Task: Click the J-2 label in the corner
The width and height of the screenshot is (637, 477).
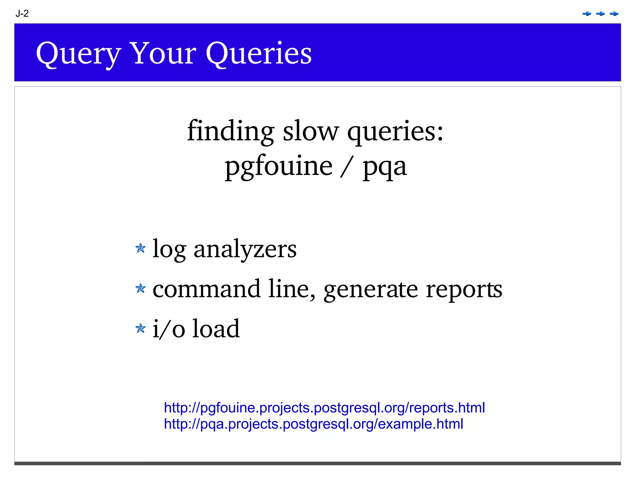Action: tap(22, 14)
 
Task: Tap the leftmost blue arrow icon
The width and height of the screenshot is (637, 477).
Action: tap(587, 14)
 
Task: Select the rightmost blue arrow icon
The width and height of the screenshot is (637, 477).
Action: tap(614, 14)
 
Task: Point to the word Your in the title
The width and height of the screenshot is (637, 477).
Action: tap(163, 53)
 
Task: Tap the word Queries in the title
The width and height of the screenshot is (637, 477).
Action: tap(258, 54)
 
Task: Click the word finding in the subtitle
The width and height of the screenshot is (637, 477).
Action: tap(230, 131)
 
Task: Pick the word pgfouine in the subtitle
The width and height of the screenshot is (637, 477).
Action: tap(278, 166)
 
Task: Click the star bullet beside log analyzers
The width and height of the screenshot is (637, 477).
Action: tap(141, 248)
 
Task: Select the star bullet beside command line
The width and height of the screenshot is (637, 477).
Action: tap(141, 288)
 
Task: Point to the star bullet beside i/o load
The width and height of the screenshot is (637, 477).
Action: tap(141, 328)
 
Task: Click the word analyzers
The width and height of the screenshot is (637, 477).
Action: tap(245, 249)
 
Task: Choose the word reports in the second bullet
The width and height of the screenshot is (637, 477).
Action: tap(463, 290)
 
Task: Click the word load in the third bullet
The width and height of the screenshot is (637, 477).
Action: tap(216, 329)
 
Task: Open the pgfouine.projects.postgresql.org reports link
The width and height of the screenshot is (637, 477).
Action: tap(324, 408)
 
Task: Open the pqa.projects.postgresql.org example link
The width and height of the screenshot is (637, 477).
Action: tap(313, 424)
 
